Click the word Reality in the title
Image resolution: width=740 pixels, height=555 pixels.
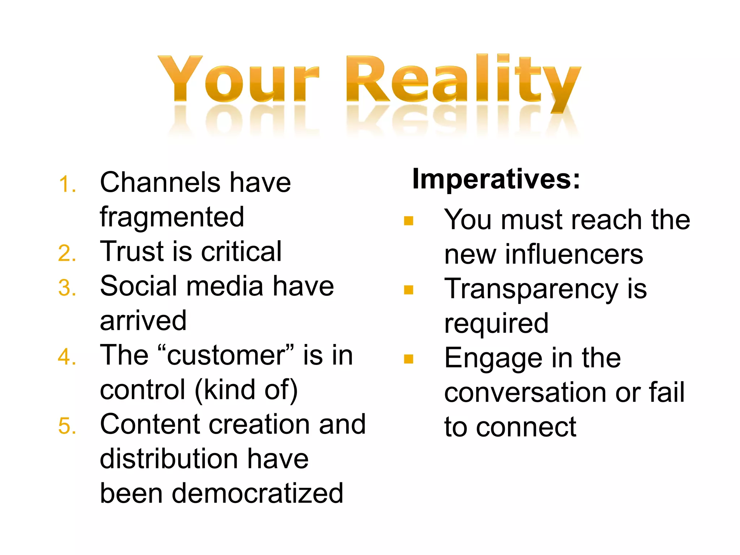[x=462, y=79]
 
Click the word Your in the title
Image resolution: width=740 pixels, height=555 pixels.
[x=238, y=79]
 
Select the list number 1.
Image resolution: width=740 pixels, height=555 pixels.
[x=67, y=184]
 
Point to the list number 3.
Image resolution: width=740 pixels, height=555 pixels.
[x=67, y=288]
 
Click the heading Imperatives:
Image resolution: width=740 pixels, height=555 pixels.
[x=496, y=179]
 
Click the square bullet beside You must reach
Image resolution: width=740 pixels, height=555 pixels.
[x=408, y=221]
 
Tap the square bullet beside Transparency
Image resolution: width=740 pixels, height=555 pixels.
[x=408, y=290]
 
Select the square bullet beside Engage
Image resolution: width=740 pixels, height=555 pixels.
[x=408, y=359]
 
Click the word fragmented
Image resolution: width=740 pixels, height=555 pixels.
[x=172, y=218]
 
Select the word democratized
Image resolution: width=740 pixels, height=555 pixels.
[x=257, y=494]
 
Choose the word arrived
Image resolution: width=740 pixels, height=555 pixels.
[x=143, y=321]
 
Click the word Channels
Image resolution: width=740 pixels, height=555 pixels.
[x=160, y=182]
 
